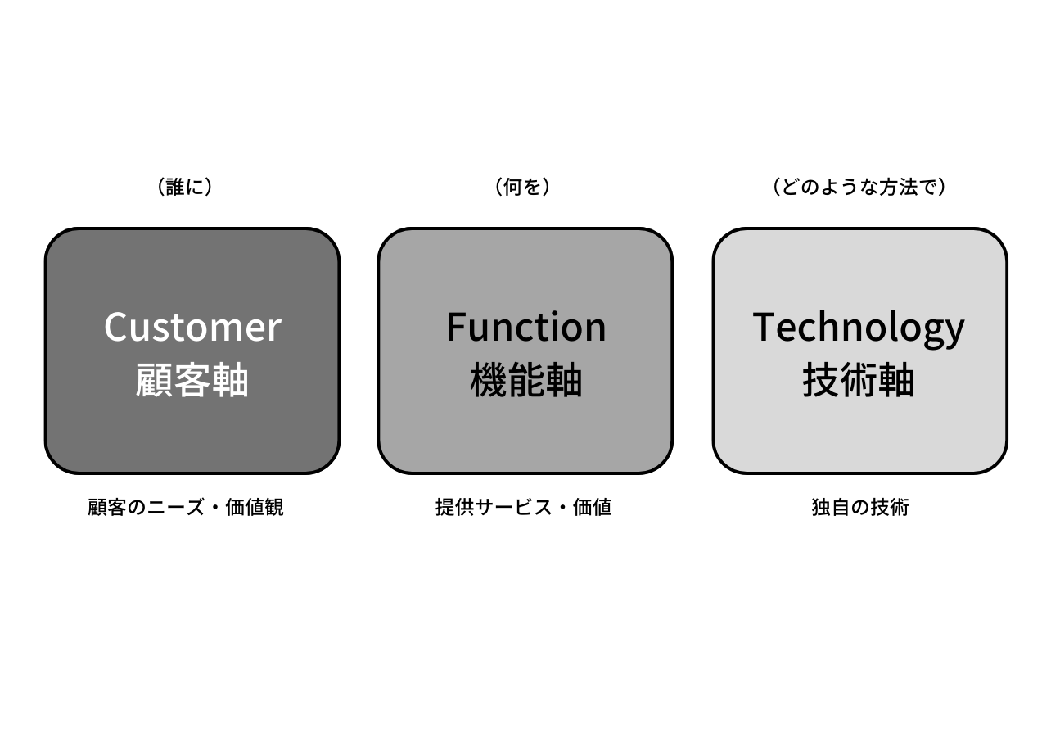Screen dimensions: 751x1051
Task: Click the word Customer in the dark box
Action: [192, 327]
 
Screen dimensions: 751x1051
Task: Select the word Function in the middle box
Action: [525, 327]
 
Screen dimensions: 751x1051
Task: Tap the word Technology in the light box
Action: [859, 328]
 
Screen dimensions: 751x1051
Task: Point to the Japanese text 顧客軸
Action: [192, 381]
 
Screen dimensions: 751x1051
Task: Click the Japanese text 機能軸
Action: [525, 381]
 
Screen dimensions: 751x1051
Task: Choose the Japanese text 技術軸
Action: [859, 381]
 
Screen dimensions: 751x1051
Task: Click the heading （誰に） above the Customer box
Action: [185, 188]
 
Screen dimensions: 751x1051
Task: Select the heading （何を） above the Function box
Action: [523, 188]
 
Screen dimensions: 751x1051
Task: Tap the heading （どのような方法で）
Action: [859, 188]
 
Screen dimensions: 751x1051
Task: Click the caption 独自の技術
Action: [859, 508]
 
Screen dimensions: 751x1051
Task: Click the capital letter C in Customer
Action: [118, 327]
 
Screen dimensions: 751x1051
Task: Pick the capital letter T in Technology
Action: [765, 327]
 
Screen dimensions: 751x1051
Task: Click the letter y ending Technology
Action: [954, 331]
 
